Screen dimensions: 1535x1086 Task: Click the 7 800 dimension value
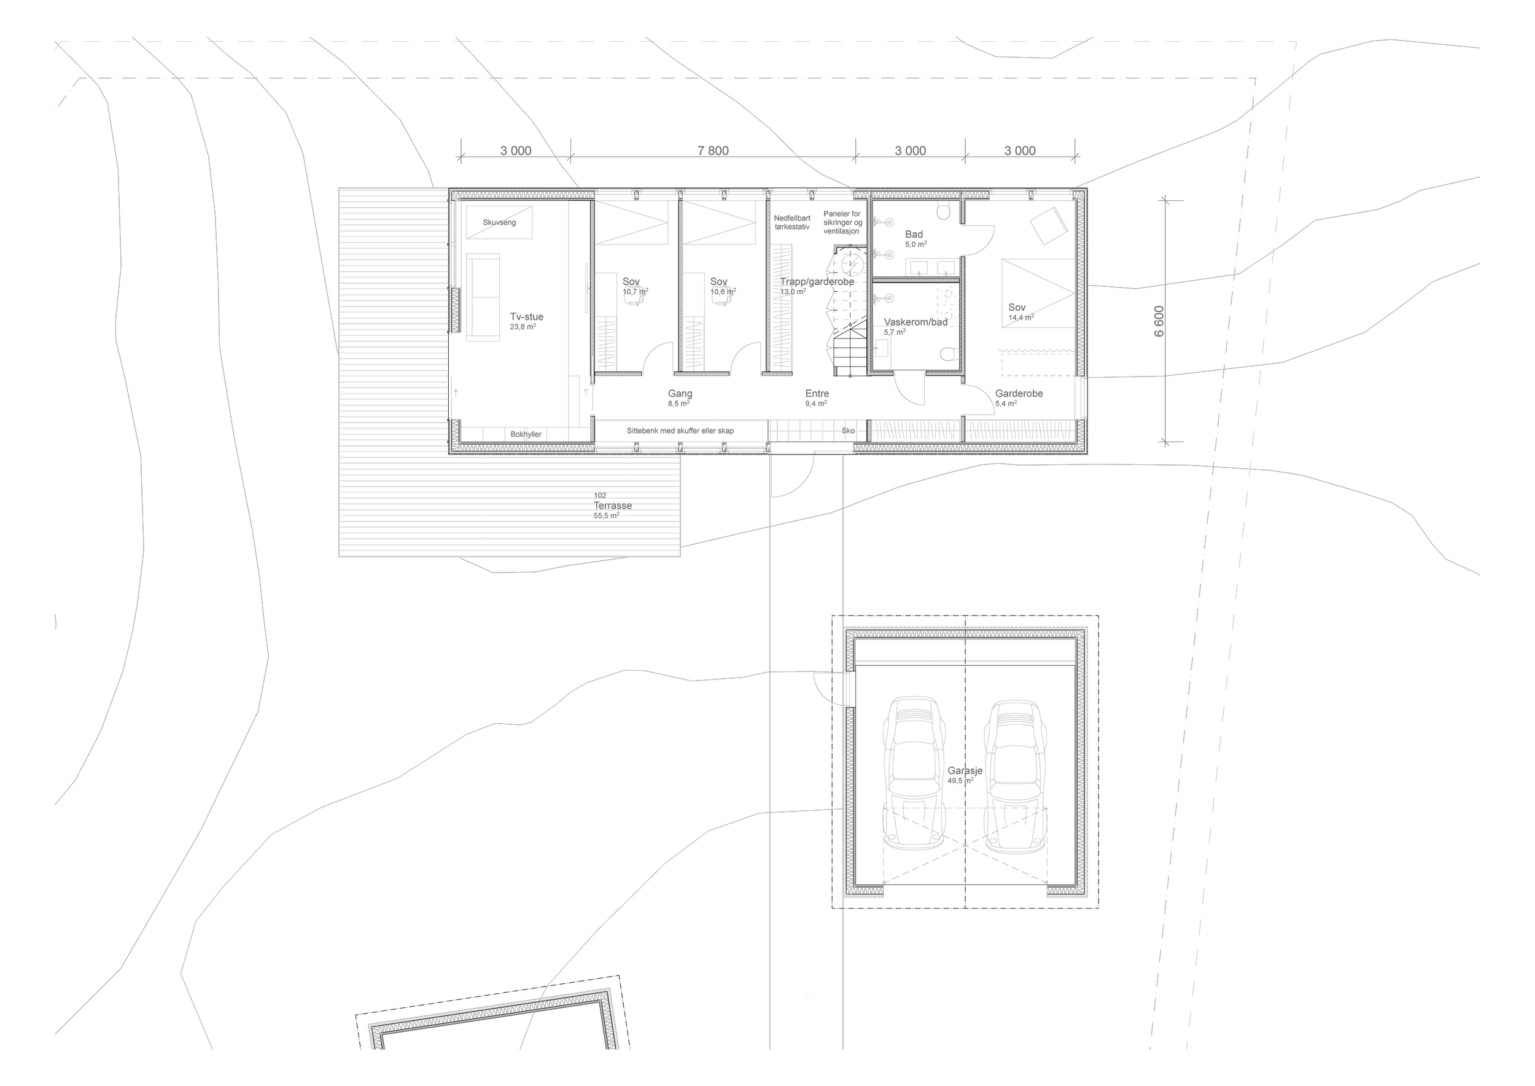[713, 151]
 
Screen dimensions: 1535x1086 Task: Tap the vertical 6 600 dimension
[1159, 321]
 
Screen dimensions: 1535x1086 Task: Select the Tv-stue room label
[526, 317]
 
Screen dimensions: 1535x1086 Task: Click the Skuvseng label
[499, 222]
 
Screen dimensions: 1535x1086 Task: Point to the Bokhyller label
[526, 434]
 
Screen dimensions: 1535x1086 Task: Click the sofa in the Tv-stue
[483, 297]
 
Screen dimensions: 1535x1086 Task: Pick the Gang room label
[680, 394]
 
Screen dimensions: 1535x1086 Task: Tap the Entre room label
[817, 394]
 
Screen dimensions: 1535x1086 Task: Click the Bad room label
[913, 234]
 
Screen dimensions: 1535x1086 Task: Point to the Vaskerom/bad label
[915, 322]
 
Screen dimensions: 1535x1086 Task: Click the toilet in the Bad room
[944, 213]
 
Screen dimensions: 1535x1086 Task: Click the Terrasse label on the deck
[612, 506]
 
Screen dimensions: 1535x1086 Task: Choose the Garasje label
[964, 770]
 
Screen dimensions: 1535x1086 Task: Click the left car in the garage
[913, 773]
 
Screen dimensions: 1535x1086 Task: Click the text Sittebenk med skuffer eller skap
[680, 431]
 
